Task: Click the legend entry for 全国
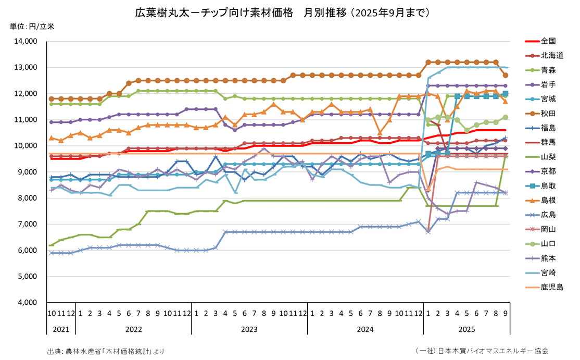(x=548, y=41)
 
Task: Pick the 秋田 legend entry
(x=548, y=113)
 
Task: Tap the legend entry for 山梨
(x=548, y=156)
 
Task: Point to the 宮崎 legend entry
(x=548, y=272)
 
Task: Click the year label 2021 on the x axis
(x=61, y=330)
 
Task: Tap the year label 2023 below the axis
(x=249, y=330)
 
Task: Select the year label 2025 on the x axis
(x=466, y=330)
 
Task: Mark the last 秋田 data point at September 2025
(x=506, y=76)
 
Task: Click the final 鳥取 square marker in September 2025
(x=506, y=94)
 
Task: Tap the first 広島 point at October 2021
(x=52, y=253)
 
